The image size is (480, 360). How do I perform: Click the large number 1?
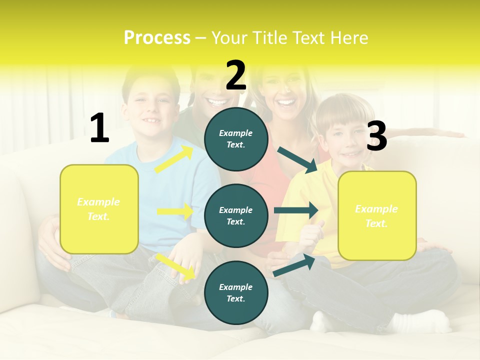coord(99,128)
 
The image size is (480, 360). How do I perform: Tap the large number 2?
coord(236,75)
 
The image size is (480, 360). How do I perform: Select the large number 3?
coord(376,136)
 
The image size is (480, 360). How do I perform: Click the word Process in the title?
coord(157,38)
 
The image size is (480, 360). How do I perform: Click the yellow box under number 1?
coord(99,209)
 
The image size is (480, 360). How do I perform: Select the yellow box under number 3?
coord(377,215)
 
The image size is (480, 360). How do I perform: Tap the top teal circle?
coord(236,138)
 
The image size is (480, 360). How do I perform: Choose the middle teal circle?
coord(236,215)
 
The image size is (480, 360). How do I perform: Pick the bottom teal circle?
coord(236,292)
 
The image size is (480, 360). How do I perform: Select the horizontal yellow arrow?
coord(175,211)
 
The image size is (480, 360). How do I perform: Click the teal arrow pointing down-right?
coord(297,160)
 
